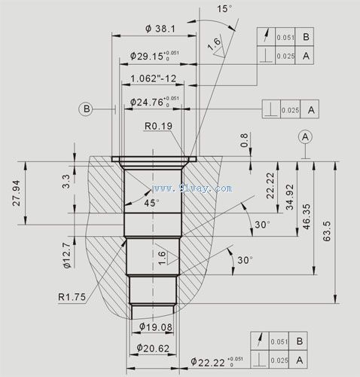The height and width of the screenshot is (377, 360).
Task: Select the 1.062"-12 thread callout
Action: [153, 79]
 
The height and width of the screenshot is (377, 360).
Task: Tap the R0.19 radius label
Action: [157, 126]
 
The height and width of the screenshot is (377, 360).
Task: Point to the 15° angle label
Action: [224, 9]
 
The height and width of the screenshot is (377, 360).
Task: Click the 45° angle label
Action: [151, 204]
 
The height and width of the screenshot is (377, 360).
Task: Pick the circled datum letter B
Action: [87, 109]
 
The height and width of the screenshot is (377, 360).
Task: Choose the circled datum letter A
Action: [305, 136]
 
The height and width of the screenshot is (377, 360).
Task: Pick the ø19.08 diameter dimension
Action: [156, 326]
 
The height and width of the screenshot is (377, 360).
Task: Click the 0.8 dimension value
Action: [244, 140]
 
